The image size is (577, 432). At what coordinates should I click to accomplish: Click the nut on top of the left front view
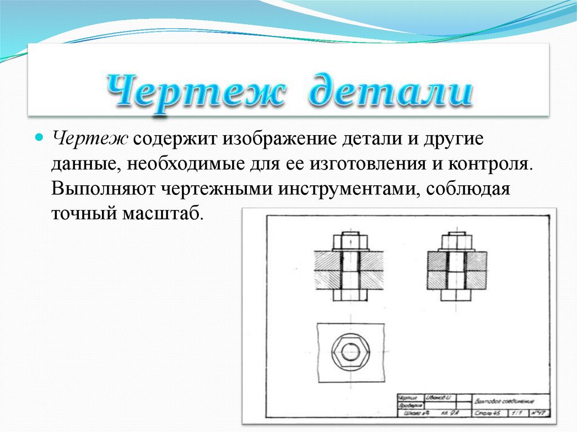point(350,242)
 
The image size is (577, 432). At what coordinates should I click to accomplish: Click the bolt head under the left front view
point(350,295)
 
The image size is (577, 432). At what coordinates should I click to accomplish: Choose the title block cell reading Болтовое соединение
point(504,401)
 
